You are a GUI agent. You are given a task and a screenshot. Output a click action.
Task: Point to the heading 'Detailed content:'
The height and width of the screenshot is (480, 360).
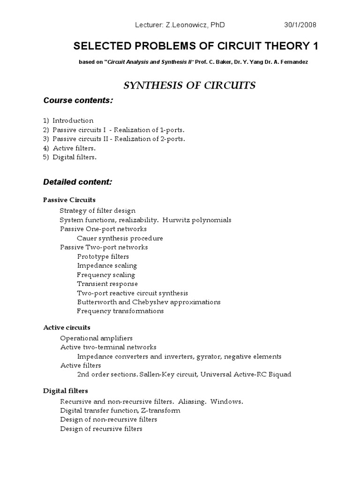coord(77,181)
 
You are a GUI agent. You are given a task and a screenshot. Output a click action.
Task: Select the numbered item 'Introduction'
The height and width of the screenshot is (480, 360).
coord(73,120)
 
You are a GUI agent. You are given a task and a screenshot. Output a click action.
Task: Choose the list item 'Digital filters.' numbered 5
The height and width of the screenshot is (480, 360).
coord(75,157)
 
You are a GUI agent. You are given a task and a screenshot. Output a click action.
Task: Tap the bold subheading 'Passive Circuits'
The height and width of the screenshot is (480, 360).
coord(69,200)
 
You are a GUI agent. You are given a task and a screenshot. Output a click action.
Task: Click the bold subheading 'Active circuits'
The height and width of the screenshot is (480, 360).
coord(67,327)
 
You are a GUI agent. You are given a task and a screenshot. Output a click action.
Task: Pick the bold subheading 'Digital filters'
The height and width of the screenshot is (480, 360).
coord(66,390)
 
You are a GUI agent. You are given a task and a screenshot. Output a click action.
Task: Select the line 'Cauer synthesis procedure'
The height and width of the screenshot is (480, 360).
coord(120,238)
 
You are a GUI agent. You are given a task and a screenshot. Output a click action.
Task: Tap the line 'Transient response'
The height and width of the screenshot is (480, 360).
coord(107,284)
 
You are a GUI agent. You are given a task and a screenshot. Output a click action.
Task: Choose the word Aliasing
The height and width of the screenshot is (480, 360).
coord(192,402)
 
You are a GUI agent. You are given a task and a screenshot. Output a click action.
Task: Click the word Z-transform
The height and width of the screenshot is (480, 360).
coord(161,411)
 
